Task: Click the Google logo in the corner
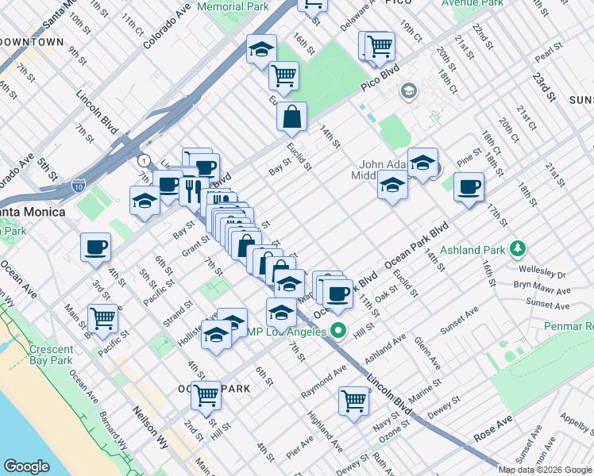pyautogui.click(x=27, y=466)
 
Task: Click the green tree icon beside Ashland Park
pyautogui.click(x=518, y=250)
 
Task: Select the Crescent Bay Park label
pyautogui.click(x=51, y=355)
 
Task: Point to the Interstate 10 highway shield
pyautogui.click(x=78, y=186)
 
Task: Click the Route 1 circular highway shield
pyautogui.click(x=142, y=160)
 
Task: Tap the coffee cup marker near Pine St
pyautogui.click(x=469, y=187)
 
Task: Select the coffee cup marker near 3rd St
pyautogui.click(x=95, y=247)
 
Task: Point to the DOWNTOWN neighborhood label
pyautogui.click(x=32, y=41)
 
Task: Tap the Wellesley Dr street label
pyautogui.click(x=540, y=274)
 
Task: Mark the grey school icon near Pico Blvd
pyautogui.click(x=408, y=90)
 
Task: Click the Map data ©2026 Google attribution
pyautogui.click(x=545, y=470)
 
